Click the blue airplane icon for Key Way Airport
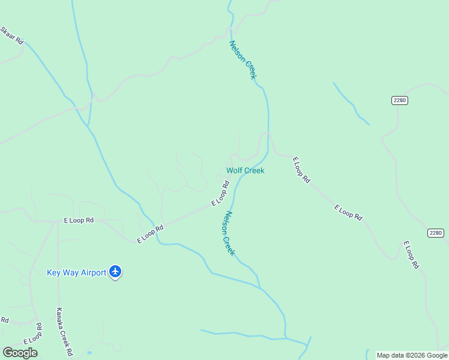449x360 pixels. [116, 272]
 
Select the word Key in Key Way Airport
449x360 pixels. [54, 273]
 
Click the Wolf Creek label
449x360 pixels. [245, 170]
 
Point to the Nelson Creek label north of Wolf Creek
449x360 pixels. [243, 59]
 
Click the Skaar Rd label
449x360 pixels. [12, 35]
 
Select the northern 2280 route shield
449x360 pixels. [400, 100]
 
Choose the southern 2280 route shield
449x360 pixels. [436, 233]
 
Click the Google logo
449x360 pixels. [20, 353]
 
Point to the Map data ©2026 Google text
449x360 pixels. [412, 355]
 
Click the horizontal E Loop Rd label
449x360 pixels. [79, 220]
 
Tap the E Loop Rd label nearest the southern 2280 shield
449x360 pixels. [411, 254]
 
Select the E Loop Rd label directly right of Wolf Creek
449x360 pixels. [301, 170]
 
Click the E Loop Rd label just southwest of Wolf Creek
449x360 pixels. [221, 196]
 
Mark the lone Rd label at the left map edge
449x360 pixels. [4, 320]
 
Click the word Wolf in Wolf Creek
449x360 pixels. [234, 170]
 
